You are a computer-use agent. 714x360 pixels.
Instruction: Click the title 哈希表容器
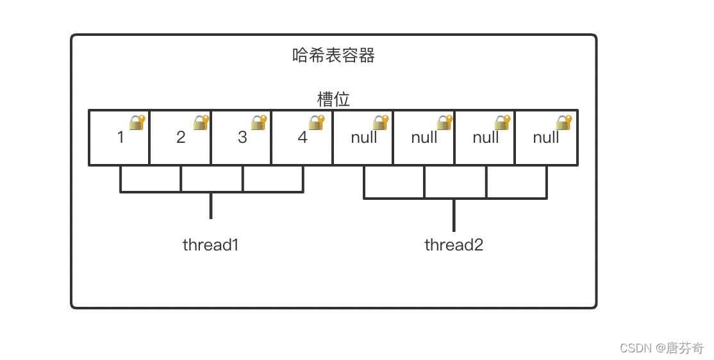click(333, 56)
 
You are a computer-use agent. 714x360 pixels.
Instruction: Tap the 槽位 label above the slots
click(333, 99)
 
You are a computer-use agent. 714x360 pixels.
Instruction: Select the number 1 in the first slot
click(120, 138)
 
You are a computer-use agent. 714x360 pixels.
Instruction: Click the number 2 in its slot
click(181, 138)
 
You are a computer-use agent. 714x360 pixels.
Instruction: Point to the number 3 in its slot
click(242, 138)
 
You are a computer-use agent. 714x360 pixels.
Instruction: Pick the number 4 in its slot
click(303, 138)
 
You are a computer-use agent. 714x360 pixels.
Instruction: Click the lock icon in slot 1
click(137, 122)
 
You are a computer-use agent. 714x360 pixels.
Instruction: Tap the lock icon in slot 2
click(201, 122)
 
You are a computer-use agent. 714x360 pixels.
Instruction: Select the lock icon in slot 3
click(259, 122)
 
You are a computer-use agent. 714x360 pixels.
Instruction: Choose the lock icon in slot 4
click(317, 122)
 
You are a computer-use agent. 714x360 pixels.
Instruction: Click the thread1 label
click(210, 245)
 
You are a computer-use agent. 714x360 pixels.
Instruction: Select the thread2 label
click(454, 245)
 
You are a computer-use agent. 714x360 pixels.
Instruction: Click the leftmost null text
click(364, 138)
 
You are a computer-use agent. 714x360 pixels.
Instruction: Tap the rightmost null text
click(546, 138)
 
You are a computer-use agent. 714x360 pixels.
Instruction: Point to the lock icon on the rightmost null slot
click(564, 122)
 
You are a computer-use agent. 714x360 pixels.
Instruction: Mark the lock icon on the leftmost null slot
click(381, 122)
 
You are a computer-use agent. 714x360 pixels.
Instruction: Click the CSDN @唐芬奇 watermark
click(661, 348)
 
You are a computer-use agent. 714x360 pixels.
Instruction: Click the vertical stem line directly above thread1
click(211, 206)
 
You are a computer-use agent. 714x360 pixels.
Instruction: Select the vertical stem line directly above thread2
click(454, 215)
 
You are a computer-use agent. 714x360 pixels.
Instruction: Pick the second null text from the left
click(424, 138)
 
